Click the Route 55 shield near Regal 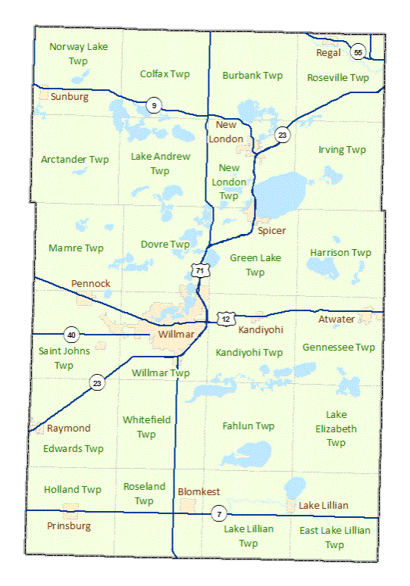358,51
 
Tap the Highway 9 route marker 154,106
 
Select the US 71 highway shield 199,270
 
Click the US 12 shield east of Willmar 226,319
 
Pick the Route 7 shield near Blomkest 218,514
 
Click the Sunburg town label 70,97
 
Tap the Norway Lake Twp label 79,53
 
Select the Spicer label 271,230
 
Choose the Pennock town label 91,283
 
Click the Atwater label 336,319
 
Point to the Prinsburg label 67,525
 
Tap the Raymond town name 68,428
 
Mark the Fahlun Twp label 249,426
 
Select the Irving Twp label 342,150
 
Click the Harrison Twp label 341,252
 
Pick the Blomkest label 199,491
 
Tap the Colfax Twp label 165,74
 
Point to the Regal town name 329,52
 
